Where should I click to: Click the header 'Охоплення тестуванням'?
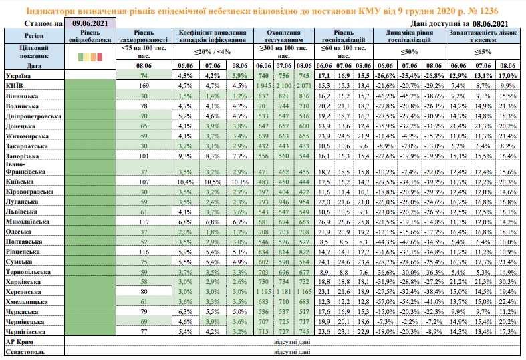point(283,36)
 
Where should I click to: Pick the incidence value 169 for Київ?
point(144,87)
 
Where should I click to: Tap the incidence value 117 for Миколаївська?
point(144,221)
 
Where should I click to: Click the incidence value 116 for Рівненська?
point(144,253)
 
